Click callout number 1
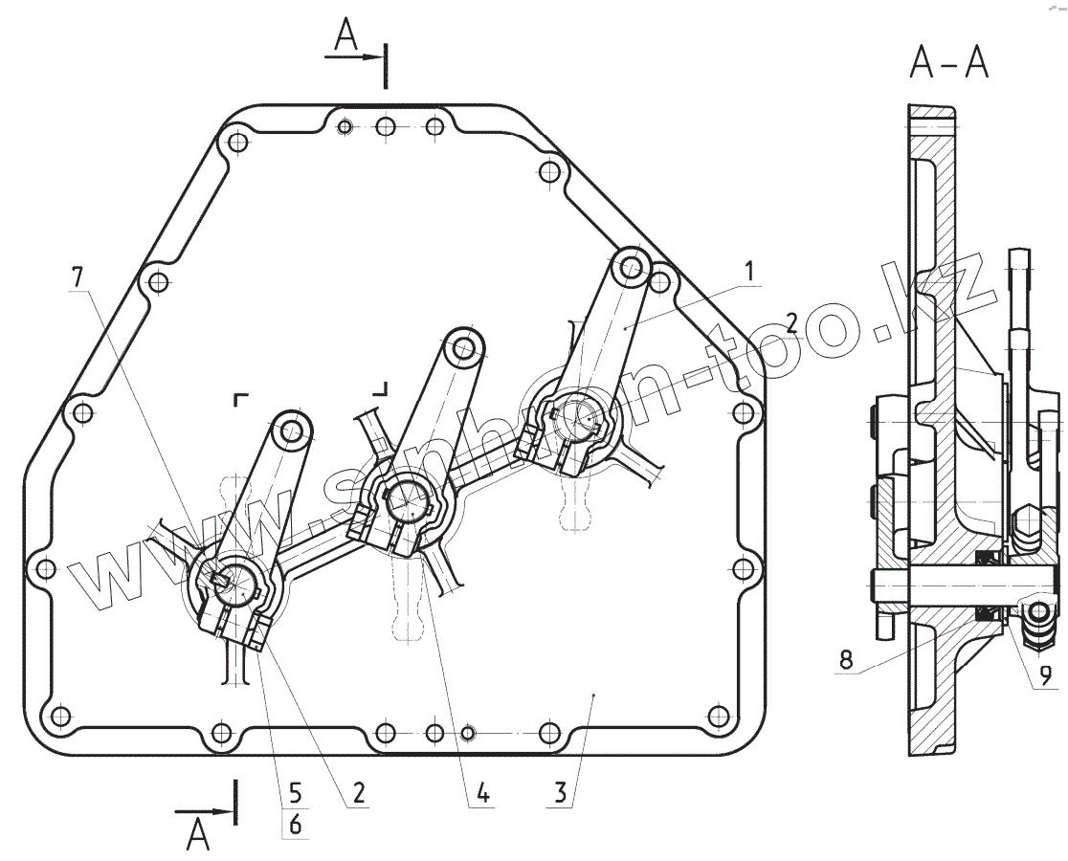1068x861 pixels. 752,271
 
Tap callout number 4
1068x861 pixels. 482,792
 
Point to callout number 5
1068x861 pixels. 295,793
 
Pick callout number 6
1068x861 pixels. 295,825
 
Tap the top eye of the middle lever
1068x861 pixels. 465,346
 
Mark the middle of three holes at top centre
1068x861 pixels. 386,127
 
